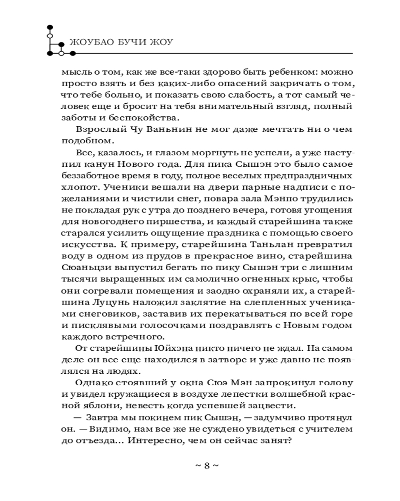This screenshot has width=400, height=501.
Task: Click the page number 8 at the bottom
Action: click(206, 465)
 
